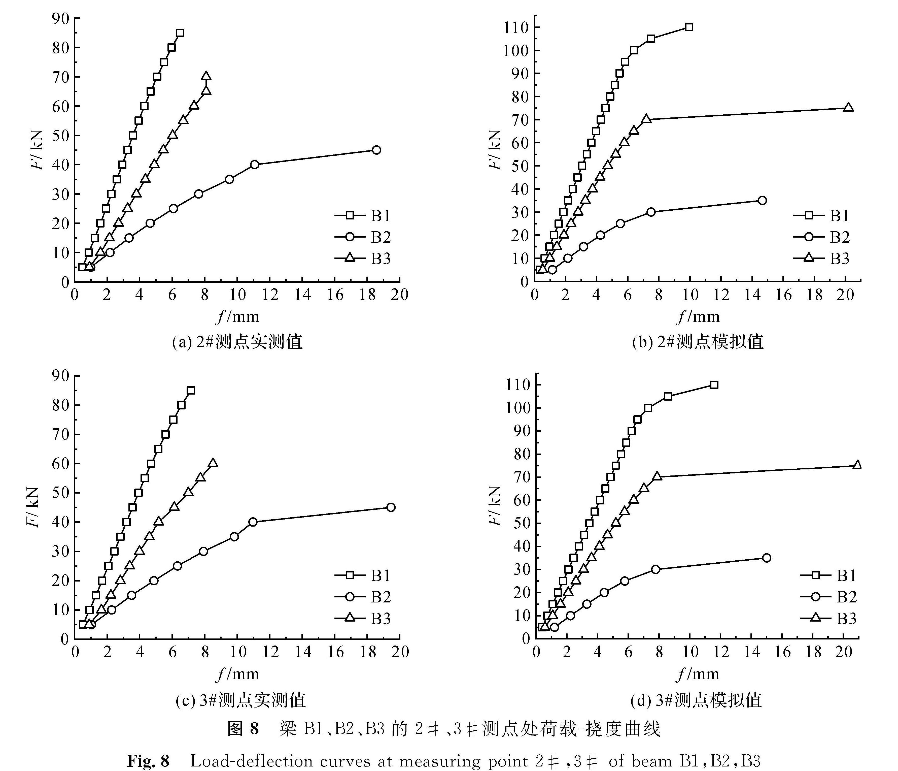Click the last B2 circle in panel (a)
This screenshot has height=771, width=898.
[x=376, y=150]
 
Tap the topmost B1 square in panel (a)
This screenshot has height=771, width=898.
[x=180, y=33]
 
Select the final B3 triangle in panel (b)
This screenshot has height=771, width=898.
[x=848, y=108]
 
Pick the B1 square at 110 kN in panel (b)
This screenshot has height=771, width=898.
[x=689, y=27]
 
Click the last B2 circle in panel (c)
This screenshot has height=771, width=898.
[x=391, y=507]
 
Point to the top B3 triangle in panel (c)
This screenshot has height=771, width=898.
[x=213, y=463]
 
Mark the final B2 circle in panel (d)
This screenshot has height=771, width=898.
[x=766, y=558]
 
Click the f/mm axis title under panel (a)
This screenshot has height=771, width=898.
[x=237, y=316]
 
